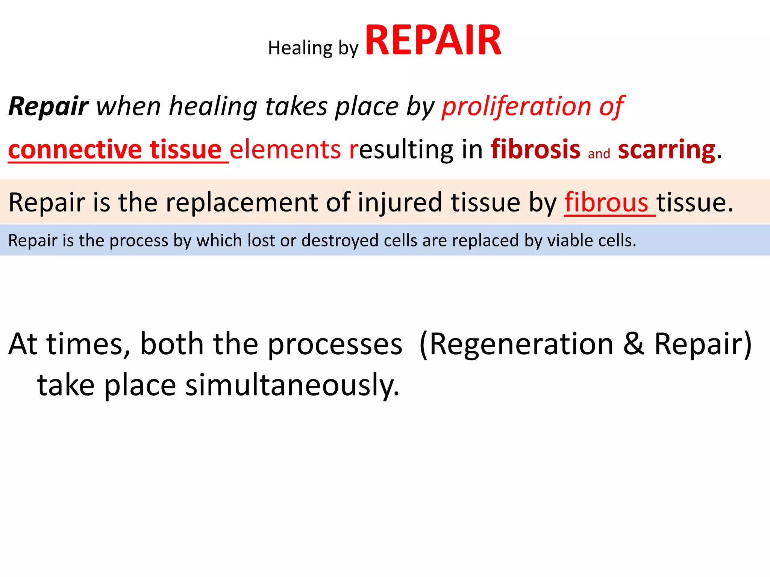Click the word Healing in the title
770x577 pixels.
click(x=300, y=48)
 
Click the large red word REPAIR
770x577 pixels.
click(x=433, y=41)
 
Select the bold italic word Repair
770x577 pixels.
click(x=48, y=107)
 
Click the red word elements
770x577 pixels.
click(x=285, y=150)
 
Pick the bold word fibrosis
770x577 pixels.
click(x=535, y=150)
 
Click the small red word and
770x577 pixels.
click(x=599, y=154)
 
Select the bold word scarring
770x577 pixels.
click(x=666, y=150)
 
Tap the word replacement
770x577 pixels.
click(x=242, y=203)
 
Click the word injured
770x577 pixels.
click(x=400, y=203)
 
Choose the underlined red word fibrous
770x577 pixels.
click(x=606, y=203)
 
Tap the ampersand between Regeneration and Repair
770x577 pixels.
click(x=634, y=344)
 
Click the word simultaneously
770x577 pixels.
click(x=292, y=385)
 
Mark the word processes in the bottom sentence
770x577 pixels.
click(x=335, y=344)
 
